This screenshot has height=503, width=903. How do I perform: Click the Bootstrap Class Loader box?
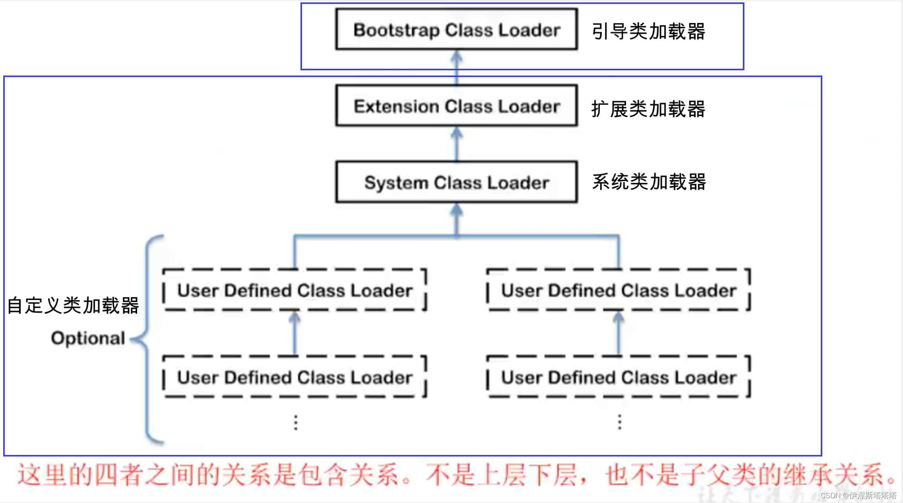(x=456, y=29)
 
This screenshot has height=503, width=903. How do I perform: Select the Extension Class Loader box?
(x=456, y=106)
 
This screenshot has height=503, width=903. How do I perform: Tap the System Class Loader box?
(x=456, y=182)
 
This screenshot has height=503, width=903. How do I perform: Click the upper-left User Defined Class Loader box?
(x=295, y=290)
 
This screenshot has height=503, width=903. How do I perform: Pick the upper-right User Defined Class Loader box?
(x=618, y=290)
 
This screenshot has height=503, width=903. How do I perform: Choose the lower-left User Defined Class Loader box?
(x=295, y=377)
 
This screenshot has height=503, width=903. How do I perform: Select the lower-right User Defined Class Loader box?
(x=618, y=377)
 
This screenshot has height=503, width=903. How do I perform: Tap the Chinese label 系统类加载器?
(x=649, y=182)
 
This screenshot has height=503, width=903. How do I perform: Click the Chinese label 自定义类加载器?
(x=73, y=305)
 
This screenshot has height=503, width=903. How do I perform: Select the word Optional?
(x=88, y=338)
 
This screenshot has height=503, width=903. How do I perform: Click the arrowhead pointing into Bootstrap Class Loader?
(x=457, y=56)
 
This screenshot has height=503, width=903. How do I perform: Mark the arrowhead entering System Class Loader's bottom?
(x=457, y=209)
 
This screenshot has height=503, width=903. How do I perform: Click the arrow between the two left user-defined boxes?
(x=295, y=333)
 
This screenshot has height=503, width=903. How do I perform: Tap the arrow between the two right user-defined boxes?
(x=618, y=333)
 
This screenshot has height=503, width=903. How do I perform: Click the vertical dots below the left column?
(x=296, y=422)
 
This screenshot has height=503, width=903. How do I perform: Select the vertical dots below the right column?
(x=620, y=422)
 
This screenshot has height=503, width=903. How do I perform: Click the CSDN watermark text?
(x=858, y=495)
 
